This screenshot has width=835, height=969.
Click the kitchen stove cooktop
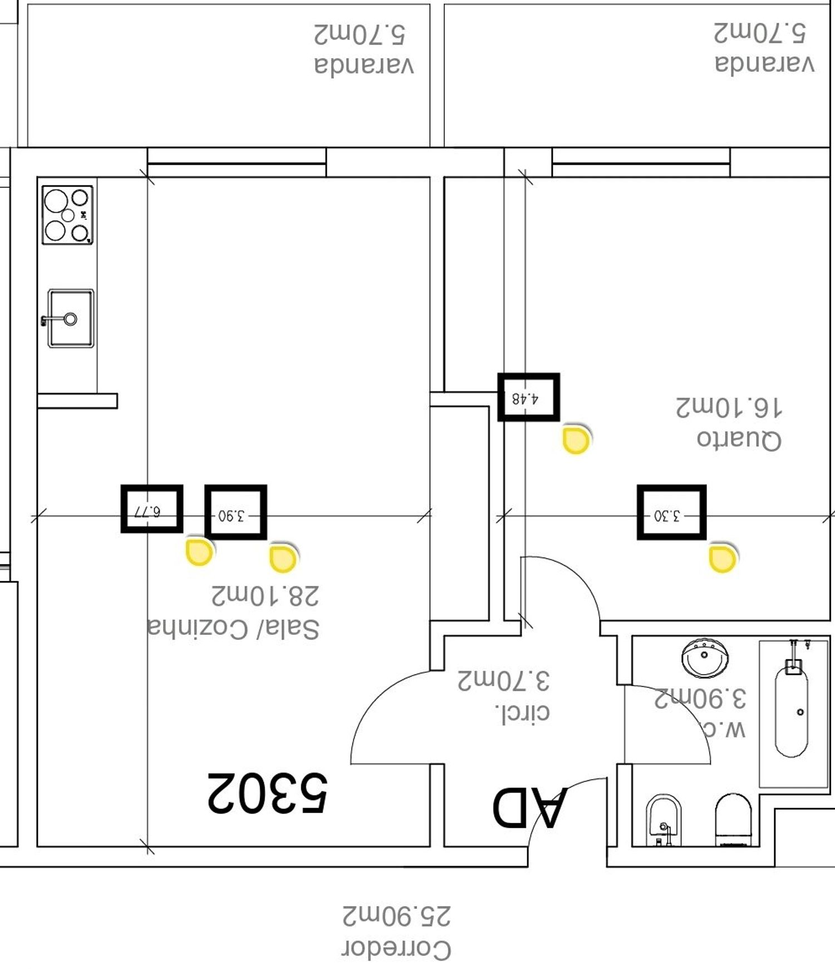67,215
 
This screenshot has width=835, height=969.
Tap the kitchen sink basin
71,319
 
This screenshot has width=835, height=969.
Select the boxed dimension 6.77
152,509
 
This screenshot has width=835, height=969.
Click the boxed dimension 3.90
235,512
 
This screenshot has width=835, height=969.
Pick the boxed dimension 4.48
528,397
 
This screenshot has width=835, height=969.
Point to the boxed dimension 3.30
671,512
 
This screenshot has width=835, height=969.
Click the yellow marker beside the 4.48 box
576,440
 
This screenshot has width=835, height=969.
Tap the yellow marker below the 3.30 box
723,559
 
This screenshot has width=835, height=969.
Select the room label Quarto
739,439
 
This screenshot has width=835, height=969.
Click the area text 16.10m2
729,408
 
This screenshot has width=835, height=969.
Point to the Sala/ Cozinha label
234,628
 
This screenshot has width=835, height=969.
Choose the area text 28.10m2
266,595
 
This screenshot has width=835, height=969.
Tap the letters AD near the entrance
530,807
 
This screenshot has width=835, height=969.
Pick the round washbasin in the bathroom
705,658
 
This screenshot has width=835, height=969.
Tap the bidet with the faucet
664,820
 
